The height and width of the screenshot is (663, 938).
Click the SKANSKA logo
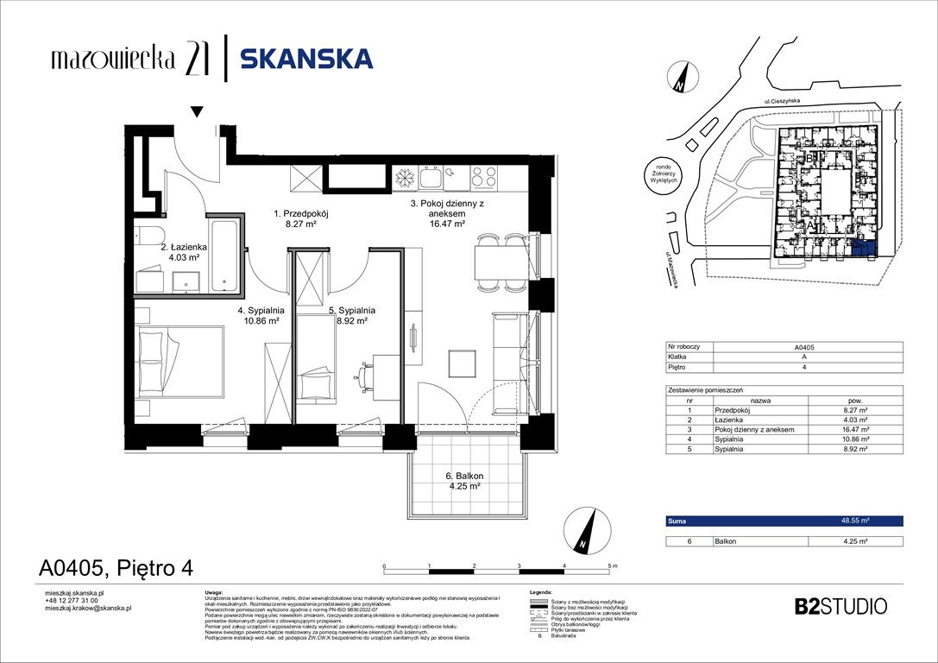tap(306, 59)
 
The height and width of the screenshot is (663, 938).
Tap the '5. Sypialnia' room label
tap(351, 314)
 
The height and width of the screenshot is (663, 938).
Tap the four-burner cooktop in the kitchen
tap(483, 177)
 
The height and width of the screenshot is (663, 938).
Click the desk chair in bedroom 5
tap(363, 374)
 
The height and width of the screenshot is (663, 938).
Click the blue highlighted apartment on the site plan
tap(861, 249)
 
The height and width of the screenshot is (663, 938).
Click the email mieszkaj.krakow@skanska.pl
tap(87, 609)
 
